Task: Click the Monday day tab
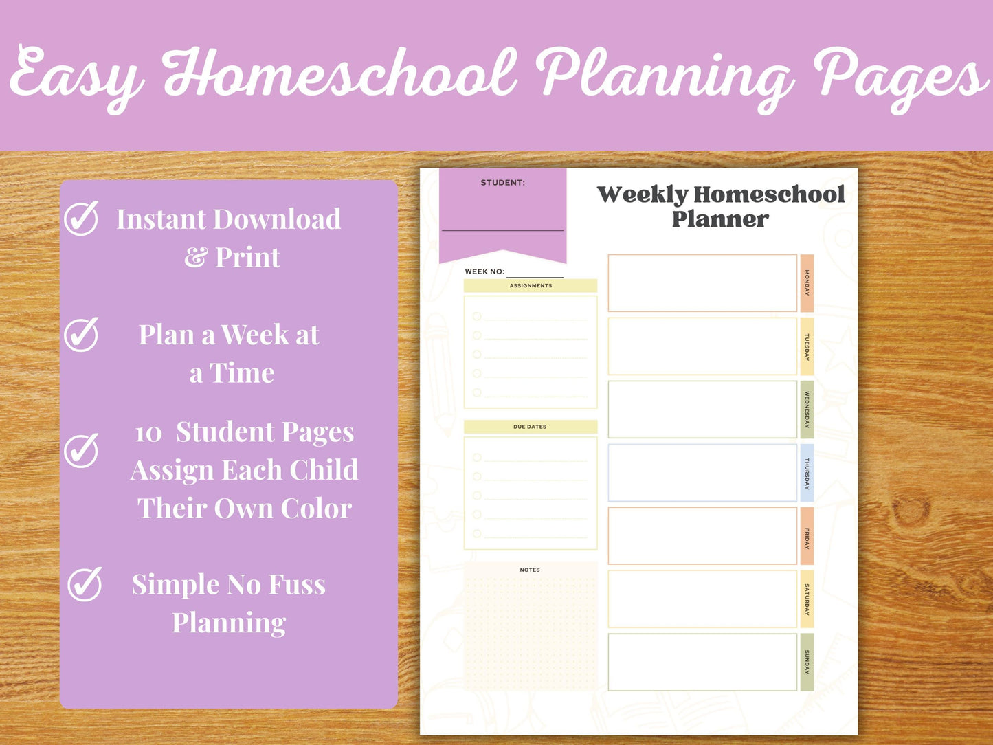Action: tap(807, 283)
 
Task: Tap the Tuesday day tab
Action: tap(807, 346)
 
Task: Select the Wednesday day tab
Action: tap(807, 410)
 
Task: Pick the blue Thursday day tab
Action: tap(807, 473)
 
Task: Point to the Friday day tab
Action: tap(807, 536)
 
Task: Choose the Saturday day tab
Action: tap(807, 599)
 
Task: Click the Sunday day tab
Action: tap(807, 663)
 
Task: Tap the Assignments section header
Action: tap(531, 286)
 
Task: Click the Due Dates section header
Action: tap(530, 427)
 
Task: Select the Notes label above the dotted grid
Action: tap(530, 570)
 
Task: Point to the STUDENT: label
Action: tap(502, 183)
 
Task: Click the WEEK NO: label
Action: tap(484, 271)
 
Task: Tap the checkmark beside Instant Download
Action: tap(82, 219)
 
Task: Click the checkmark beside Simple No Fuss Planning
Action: tap(85, 584)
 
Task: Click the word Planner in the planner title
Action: tap(720, 219)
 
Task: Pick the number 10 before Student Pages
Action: tap(148, 434)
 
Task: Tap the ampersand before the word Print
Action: tap(195, 258)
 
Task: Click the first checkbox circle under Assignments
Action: tap(477, 316)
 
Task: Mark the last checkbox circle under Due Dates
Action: tap(477, 534)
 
